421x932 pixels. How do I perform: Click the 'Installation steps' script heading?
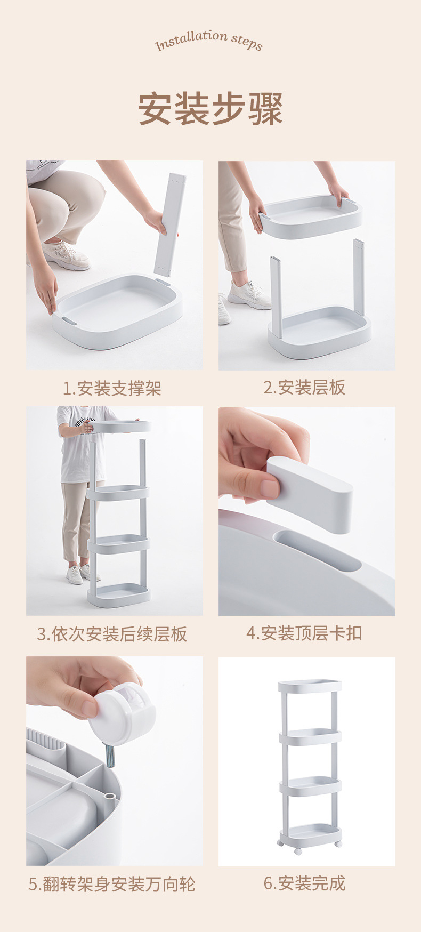(209, 40)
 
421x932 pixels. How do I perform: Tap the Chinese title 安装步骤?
(210, 109)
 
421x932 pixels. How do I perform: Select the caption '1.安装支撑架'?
(112, 388)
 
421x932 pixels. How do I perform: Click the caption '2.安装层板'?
(304, 388)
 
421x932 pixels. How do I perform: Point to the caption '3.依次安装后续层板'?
(112, 634)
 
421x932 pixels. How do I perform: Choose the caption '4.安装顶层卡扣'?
(304, 633)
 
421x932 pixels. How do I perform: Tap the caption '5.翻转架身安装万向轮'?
(112, 885)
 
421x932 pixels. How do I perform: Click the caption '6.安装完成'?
(304, 883)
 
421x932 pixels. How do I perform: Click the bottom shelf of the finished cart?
(310, 833)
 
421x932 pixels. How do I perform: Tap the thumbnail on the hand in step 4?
(269, 488)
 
